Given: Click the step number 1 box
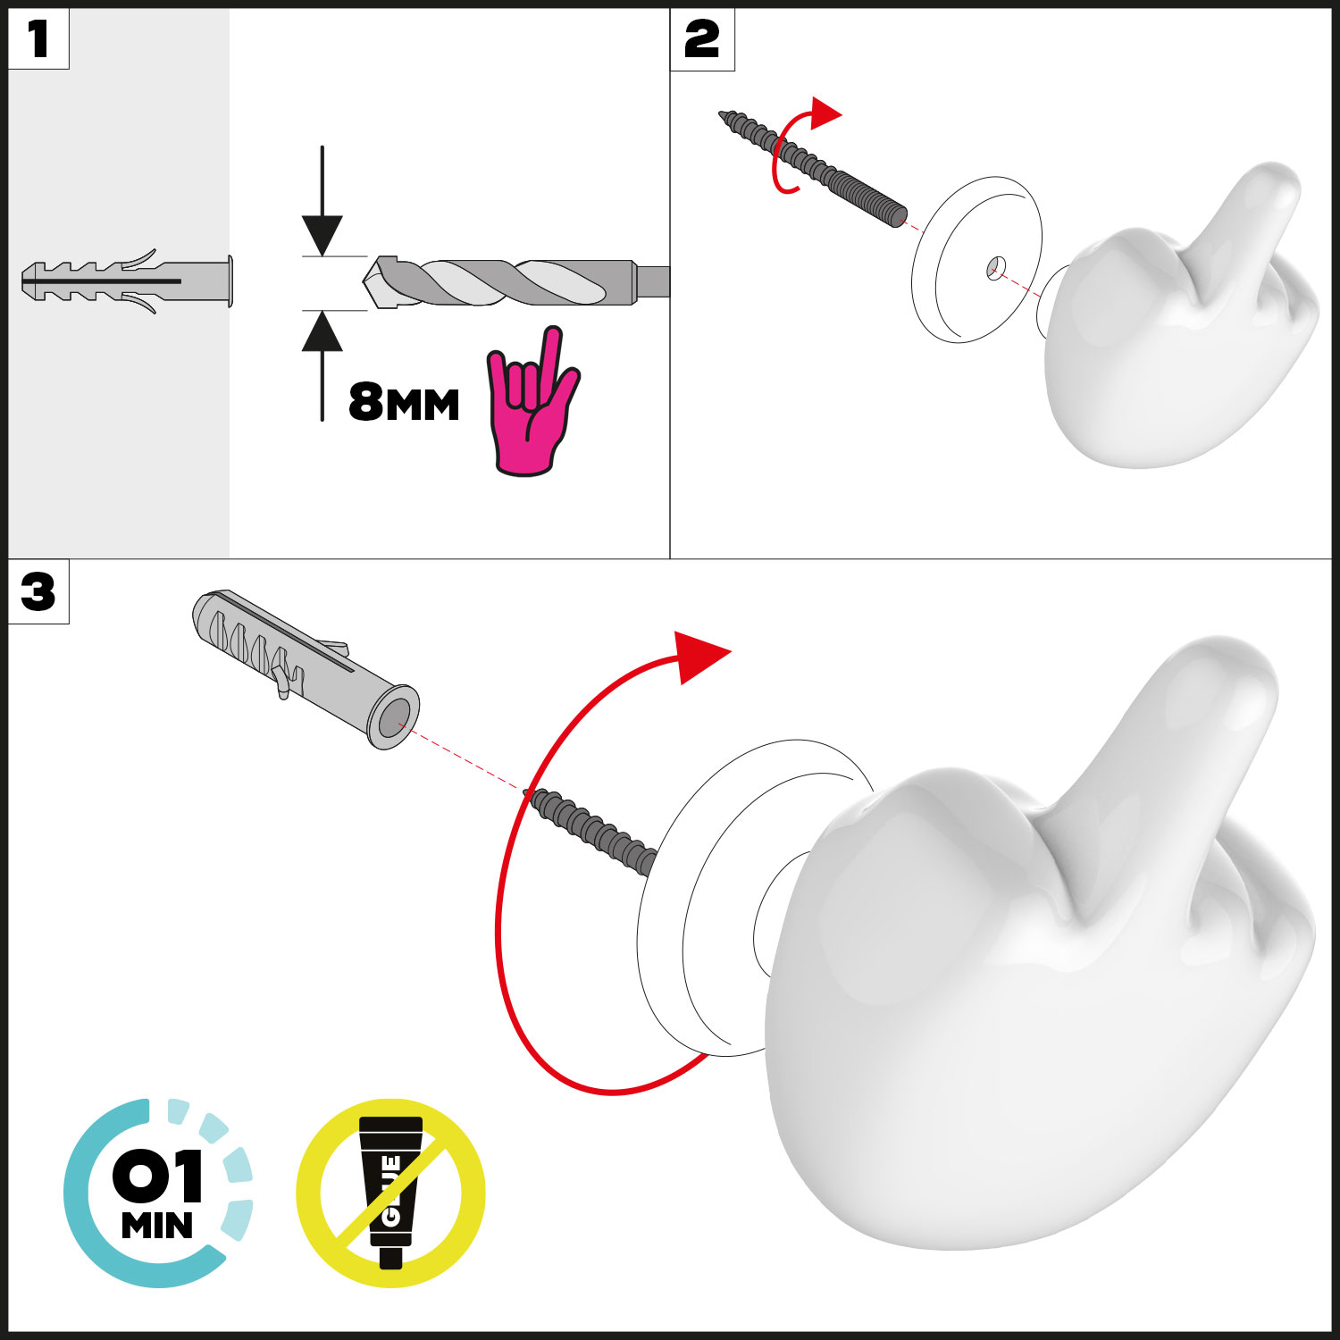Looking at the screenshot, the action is pos(38,39).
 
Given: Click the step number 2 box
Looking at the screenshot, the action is pos(702,39).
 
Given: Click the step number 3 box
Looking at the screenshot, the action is pos(38,591).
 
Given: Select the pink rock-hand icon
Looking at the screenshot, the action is pos(532,402).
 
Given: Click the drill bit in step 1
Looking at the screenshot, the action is pos(516,282).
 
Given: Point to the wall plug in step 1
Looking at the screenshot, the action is pos(127,281).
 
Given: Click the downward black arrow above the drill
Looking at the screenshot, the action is pos(322,201).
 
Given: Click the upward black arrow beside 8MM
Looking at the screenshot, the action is pos(322,364).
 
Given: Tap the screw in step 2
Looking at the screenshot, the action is pos(813,170).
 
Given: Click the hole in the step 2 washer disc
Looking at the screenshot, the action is pos(996,266).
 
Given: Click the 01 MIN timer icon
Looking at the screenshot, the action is pos(158,1193).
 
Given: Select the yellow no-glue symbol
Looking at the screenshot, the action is pos(390,1193).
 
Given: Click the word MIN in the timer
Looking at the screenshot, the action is pos(157,1226).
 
